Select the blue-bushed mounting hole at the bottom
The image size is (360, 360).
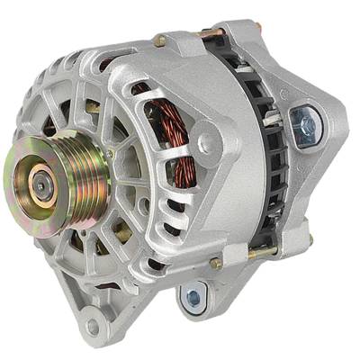(x=192, y=296)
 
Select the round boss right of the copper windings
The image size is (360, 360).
(x=208, y=141)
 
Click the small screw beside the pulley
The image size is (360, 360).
(x=110, y=155)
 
